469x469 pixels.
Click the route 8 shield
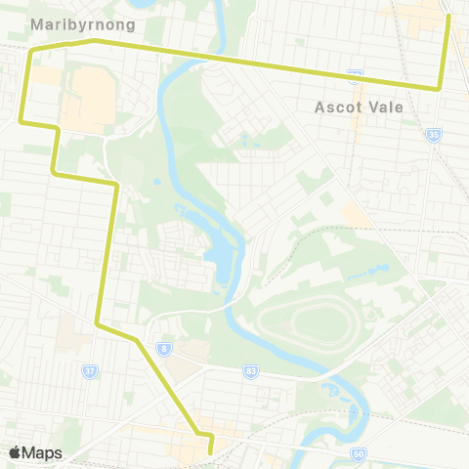click(165, 347)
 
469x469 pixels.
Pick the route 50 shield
click(358, 454)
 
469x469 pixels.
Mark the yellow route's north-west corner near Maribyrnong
click(31, 50)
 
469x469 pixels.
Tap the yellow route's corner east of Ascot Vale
click(439, 88)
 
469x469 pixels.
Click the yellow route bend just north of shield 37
click(96, 321)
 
